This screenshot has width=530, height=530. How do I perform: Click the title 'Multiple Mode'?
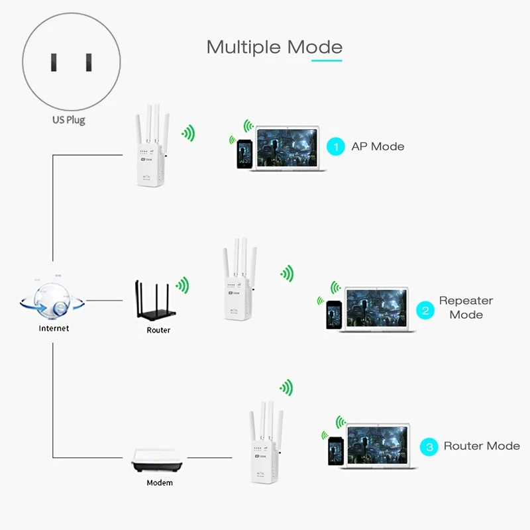pos(274,47)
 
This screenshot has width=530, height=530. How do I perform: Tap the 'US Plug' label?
pos(69,120)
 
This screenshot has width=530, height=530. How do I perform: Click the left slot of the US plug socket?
pos(52,63)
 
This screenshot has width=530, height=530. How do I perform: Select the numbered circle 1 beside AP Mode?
pos(337,146)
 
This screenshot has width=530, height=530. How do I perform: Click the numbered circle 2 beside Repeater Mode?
pos(425,309)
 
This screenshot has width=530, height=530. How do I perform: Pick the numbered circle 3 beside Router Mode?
pos(429,447)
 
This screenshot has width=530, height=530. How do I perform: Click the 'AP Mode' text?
pos(378,146)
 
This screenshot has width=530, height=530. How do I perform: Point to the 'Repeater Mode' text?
pos(466,307)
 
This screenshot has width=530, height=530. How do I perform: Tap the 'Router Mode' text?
pos(482,446)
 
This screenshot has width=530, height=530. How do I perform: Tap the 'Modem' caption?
pos(160,483)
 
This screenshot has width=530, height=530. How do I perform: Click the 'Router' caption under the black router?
pos(158,330)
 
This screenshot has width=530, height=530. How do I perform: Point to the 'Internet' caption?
pos(54,328)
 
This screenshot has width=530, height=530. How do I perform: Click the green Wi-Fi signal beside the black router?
pos(182,285)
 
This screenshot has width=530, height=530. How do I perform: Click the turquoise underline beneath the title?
pos(327,60)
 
